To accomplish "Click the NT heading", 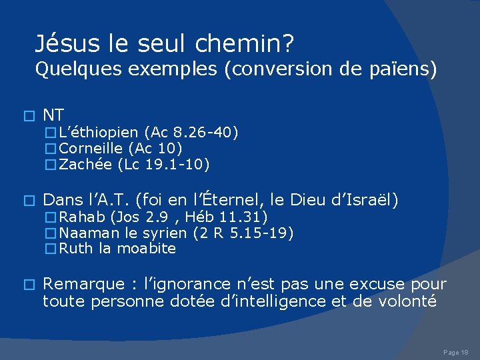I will coord(53,115).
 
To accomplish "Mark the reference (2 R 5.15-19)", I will coord(243,233).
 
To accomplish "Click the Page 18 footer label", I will coord(456,351).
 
